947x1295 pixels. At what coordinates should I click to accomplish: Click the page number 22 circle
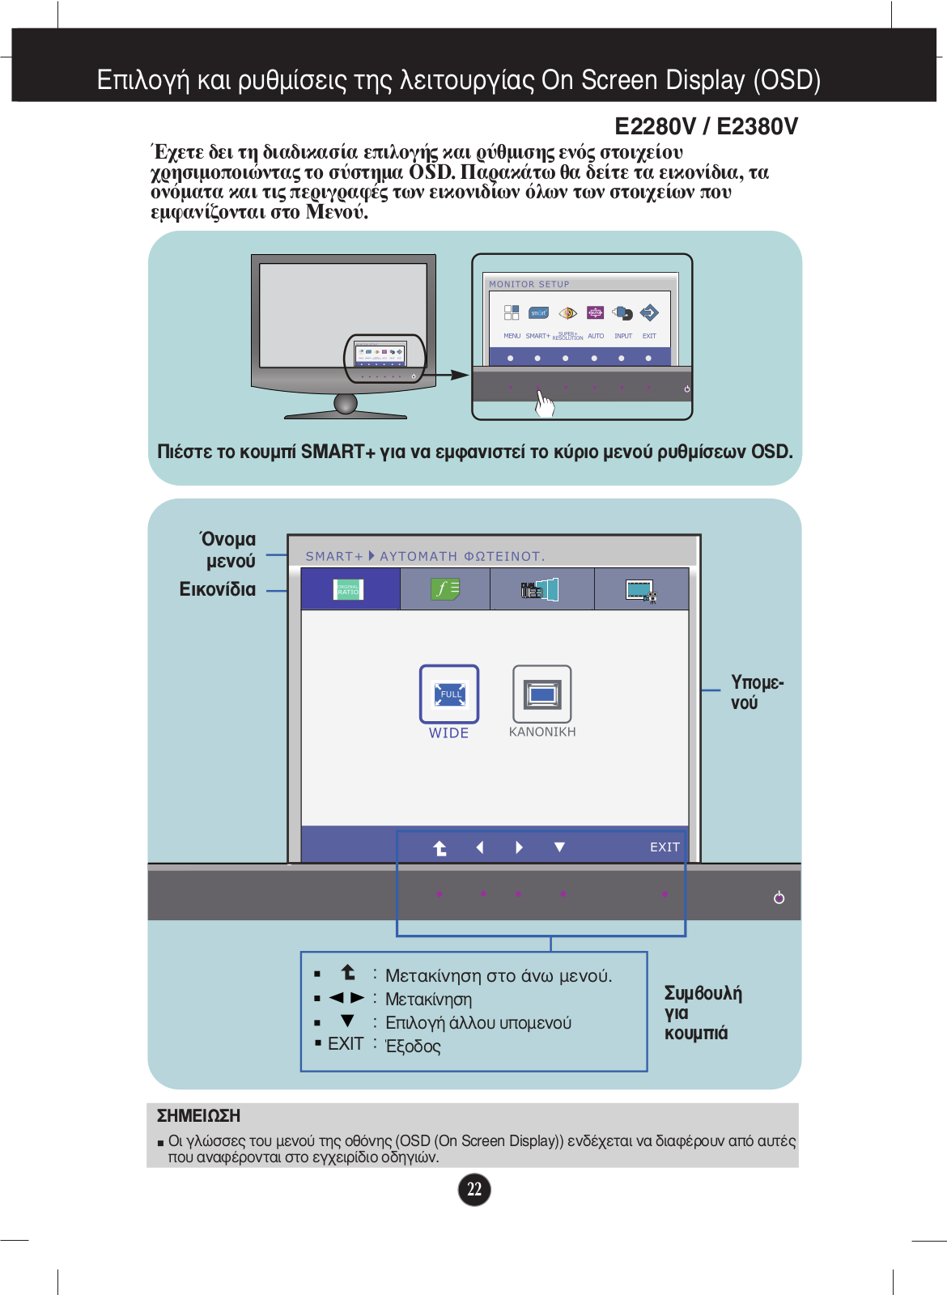pos(474,1189)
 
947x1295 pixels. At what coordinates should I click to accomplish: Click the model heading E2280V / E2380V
pos(706,126)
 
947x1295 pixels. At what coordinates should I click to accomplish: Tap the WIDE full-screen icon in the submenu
pos(449,694)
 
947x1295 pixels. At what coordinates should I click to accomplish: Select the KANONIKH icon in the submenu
pos(542,694)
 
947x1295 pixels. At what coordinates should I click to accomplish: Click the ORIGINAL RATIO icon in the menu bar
pos(349,589)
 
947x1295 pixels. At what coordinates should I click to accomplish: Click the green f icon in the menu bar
pos(445,589)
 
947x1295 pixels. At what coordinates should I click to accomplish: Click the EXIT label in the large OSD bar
pos(665,847)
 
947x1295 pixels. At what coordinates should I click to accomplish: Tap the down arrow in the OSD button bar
pos(559,847)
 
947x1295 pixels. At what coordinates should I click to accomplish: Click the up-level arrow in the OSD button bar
pos(440,847)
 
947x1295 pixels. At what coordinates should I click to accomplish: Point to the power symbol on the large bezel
pos(779,898)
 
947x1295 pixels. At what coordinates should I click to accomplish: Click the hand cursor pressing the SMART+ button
pos(545,403)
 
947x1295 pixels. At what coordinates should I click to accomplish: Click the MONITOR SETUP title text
pos(529,284)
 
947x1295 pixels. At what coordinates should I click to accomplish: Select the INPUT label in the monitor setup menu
pos(623,336)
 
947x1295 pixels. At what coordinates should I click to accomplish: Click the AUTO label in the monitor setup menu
pos(596,336)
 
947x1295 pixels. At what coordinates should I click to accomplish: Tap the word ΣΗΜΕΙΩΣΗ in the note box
pos(198,1115)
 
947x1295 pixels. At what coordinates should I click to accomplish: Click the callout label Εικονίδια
pos(218,589)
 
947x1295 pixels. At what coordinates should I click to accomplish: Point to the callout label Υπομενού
pos(757,692)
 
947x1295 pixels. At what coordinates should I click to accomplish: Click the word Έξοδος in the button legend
pos(414,1047)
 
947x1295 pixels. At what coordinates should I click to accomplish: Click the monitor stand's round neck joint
pos(346,403)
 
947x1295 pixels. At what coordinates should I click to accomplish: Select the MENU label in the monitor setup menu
pos(512,336)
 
